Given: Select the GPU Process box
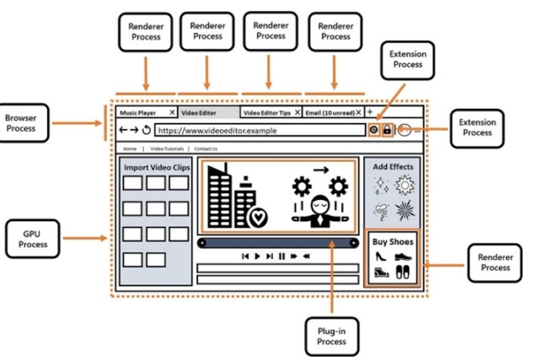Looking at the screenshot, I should click(x=33, y=239).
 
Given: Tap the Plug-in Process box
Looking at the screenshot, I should click(x=331, y=336).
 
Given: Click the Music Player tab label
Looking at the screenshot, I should click(x=138, y=113).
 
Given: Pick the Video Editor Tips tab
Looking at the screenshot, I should click(x=268, y=113).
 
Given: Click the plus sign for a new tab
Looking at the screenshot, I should click(x=369, y=112).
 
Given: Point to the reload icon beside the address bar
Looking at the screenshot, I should click(x=147, y=130).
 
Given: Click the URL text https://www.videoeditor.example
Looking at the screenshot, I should click(x=217, y=130).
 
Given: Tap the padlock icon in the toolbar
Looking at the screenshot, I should click(x=387, y=130).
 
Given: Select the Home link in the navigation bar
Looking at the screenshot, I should click(x=130, y=149).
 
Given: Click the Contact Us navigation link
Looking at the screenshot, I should click(x=205, y=149).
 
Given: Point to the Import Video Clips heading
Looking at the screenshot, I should click(x=157, y=168).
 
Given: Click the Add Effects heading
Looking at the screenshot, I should click(x=392, y=167).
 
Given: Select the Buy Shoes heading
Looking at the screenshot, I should click(x=392, y=242).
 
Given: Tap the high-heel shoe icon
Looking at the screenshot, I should click(x=381, y=257).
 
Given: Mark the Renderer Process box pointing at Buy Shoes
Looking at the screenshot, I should click(x=495, y=263).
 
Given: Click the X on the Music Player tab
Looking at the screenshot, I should click(x=172, y=112).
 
